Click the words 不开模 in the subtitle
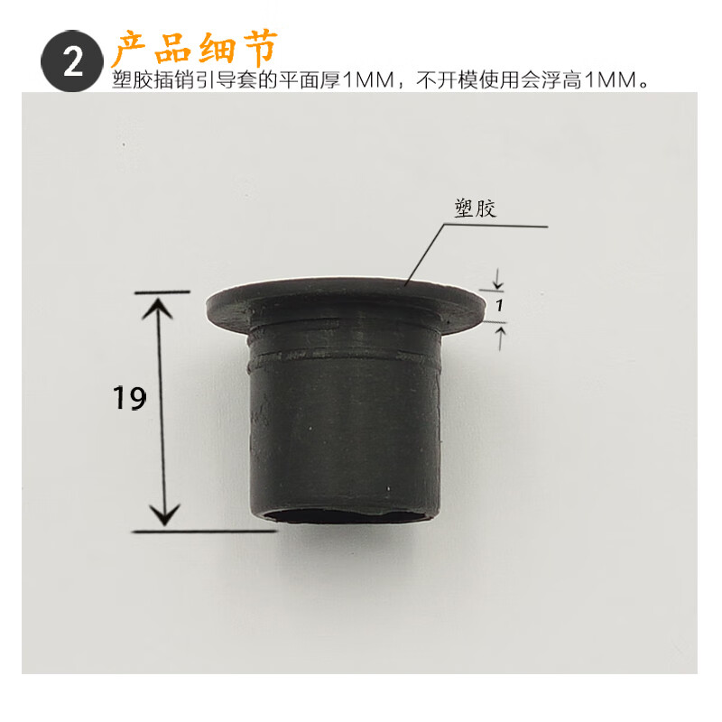442,80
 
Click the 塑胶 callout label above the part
474,208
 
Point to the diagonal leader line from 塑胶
423,256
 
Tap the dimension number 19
131,397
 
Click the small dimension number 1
498,306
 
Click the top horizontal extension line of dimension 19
162,292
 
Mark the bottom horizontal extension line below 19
208,531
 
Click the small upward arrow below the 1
501,334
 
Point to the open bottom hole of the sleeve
347,517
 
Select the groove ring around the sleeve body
343,356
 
